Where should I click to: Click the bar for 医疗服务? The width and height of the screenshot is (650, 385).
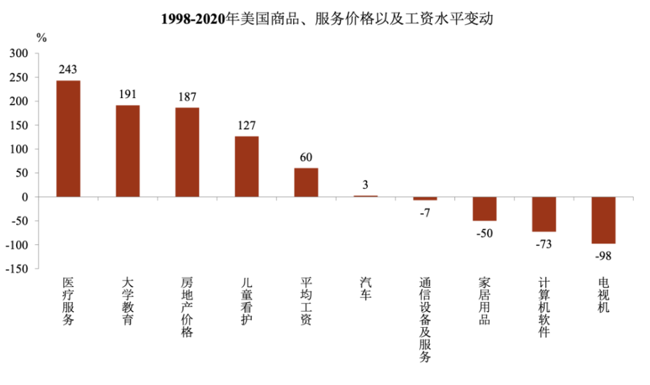coord(68,138)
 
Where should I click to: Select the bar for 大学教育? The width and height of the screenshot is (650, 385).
coord(128,151)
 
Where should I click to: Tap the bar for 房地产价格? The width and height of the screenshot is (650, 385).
coord(187,152)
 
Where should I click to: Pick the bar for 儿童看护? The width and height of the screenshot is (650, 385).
coord(247,166)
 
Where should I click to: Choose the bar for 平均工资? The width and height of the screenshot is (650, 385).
coord(306,182)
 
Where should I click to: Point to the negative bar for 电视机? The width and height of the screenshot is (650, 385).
coord(603,220)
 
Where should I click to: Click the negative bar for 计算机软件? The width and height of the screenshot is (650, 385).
coord(544,214)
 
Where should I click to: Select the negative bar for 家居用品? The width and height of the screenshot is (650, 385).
coord(484,208)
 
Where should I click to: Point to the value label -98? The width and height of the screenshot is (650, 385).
coord(603,255)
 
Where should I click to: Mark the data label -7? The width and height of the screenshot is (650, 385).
coord(425,212)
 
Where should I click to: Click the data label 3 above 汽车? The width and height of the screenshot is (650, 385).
coord(365,185)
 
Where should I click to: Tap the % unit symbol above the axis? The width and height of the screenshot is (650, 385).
coord(42,38)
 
